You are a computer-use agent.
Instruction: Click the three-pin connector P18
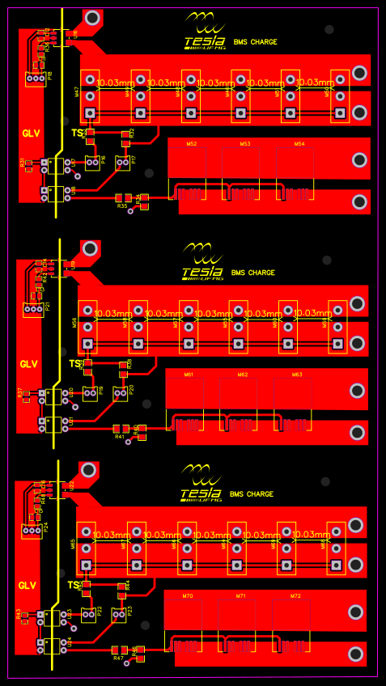point(34,78)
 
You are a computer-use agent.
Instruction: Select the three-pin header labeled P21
point(32,309)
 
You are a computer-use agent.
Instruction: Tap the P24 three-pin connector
point(31,531)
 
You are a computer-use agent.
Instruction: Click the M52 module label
point(191,144)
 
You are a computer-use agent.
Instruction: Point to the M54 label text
point(299,144)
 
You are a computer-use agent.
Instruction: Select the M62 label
point(243,375)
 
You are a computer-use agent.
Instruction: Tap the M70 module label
point(187,596)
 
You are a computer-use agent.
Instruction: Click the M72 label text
point(295,596)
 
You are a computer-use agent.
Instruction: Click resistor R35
point(123,197)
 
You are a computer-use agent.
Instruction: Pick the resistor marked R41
point(120,428)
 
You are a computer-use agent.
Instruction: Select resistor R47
point(119,650)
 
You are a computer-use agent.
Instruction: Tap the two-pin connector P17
point(122,163)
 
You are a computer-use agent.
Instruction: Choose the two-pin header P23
point(120,615)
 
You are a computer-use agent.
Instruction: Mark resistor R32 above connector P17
point(125,134)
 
